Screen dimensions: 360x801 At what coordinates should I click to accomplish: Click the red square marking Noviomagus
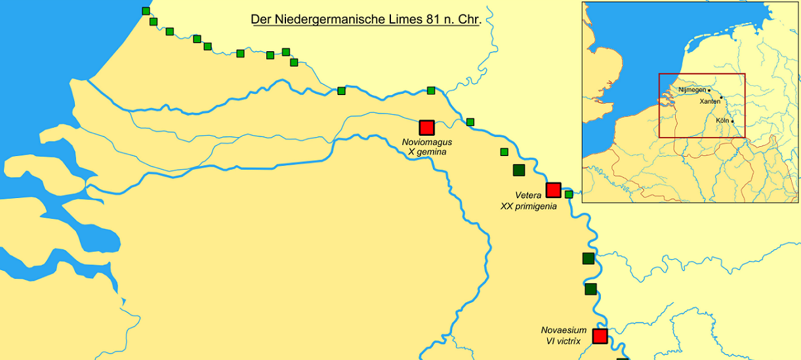427,127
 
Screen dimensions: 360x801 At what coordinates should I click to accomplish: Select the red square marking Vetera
553,190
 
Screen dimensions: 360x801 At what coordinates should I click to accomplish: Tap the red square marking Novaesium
600,336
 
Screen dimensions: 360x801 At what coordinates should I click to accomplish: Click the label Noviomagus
427,142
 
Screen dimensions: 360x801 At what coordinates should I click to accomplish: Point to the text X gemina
427,152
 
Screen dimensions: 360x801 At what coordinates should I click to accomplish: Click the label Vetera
528,195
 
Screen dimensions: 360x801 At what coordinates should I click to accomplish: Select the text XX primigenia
528,206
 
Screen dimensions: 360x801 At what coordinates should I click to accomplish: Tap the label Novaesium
564,330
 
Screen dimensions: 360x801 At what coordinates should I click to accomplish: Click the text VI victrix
564,341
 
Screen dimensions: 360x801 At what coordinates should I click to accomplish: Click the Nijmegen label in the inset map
692,90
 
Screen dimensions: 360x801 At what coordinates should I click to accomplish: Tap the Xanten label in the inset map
709,102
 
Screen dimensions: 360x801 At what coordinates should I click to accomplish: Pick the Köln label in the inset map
722,121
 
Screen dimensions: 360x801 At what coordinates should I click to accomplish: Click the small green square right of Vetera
569,194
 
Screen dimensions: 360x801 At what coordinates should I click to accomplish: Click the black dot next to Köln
732,121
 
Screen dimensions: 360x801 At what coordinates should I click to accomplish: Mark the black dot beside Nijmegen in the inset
709,90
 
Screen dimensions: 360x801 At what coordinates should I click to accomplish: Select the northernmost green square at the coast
146,10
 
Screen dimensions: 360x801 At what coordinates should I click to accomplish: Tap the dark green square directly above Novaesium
590,289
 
